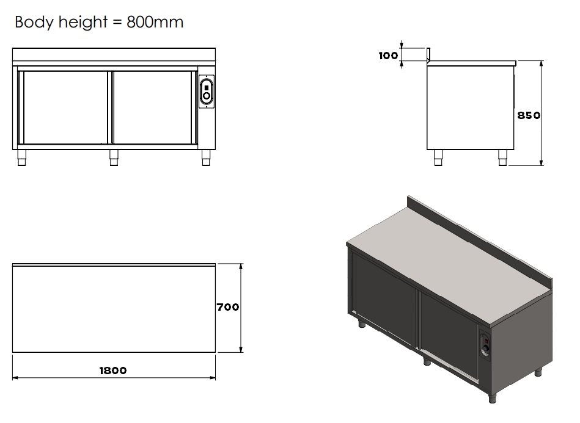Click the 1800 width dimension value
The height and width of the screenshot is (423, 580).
113,371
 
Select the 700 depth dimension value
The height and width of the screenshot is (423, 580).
228,307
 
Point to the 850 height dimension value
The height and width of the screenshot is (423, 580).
529,115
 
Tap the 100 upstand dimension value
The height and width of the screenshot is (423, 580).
388,56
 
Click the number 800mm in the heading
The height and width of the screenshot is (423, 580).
155,22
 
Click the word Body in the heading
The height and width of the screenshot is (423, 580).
34,22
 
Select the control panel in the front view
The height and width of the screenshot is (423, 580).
207,92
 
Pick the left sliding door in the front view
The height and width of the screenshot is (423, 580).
65,107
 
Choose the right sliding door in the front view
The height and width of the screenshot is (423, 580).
152,107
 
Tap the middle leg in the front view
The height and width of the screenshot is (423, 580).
114,157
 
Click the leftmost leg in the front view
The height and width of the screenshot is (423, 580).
22,157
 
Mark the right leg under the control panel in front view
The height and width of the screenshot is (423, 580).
206,157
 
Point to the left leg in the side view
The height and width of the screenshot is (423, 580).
438,157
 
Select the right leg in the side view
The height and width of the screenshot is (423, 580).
503,157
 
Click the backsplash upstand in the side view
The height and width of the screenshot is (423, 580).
428,55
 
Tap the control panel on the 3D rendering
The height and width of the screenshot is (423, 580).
485,345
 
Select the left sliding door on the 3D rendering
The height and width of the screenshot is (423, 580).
384,299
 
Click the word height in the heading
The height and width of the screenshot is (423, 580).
83,22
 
